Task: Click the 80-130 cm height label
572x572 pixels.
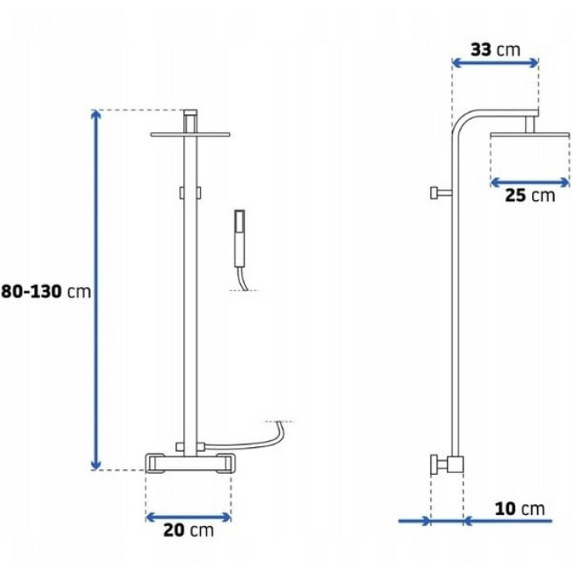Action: click(46, 292)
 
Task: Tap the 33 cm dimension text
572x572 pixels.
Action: click(495, 50)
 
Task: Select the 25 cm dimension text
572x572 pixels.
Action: click(530, 195)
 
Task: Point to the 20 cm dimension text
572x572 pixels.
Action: click(188, 530)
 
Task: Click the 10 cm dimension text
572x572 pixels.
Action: click(520, 508)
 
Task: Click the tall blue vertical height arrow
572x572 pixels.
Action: click(96, 289)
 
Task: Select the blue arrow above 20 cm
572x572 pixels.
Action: click(188, 517)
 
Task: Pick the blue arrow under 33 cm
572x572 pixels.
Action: click(495, 63)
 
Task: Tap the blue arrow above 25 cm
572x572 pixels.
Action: click(530, 182)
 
